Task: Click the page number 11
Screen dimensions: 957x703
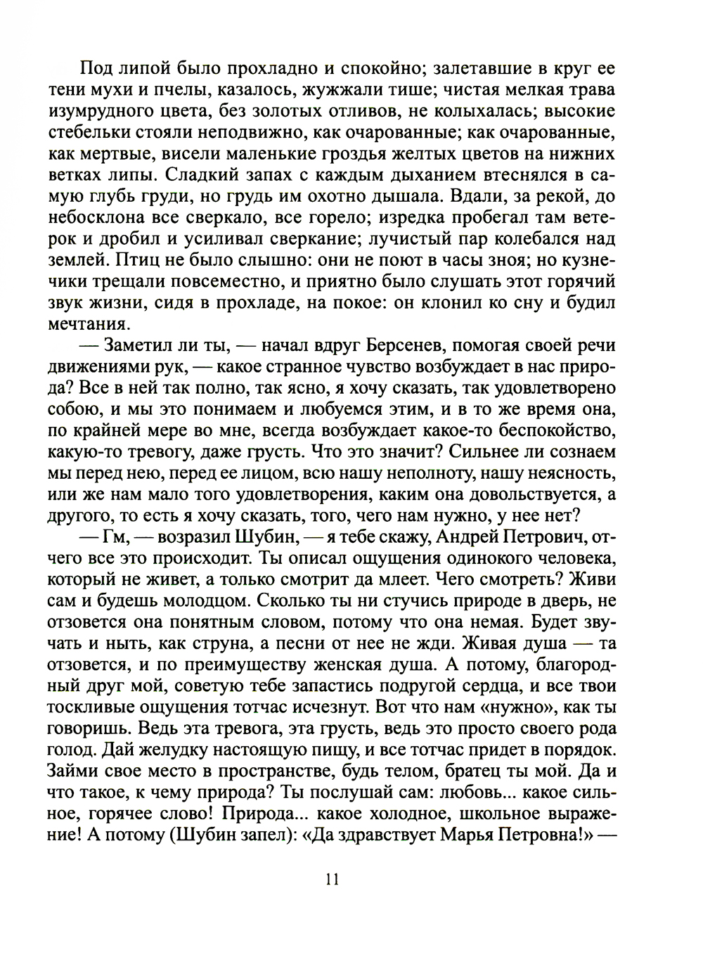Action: tap(333, 879)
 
